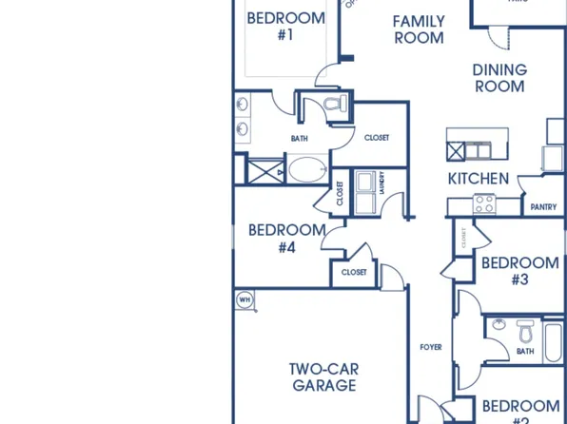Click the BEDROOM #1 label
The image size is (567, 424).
(285, 26)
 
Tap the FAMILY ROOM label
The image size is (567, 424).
(419, 29)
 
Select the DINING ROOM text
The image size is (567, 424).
(499, 78)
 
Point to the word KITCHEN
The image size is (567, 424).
(479, 179)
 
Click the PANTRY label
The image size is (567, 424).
(544, 206)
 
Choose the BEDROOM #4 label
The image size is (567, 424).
(286, 238)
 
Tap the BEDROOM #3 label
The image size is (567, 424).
(519, 271)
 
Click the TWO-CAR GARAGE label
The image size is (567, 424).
(323, 376)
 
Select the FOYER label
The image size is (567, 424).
(431, 348)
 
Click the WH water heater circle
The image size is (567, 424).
(244, 300)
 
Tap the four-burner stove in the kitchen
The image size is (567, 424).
(484, 202)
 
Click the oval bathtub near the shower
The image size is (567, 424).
(306, 171)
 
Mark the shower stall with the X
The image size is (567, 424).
(264, 171)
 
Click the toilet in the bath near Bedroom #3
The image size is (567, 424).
(524, 333)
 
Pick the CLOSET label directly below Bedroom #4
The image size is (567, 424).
(353, 272)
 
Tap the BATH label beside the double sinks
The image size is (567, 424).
(300, 139)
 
